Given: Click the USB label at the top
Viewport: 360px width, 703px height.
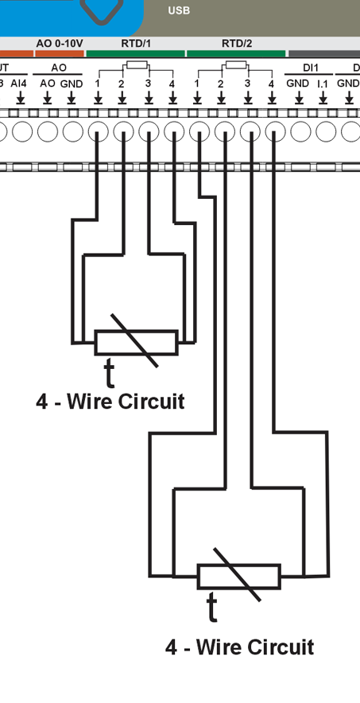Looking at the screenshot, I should tap(179, 10).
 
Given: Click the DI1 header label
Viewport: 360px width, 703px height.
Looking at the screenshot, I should tap(311, 68).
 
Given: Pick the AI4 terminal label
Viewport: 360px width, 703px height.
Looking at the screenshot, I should tap(18, 83).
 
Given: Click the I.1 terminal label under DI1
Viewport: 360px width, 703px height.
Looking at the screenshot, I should tap(323, 83).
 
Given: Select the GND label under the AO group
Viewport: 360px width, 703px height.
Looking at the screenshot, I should tap(72, 83).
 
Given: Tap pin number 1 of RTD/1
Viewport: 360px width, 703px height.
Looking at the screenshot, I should tap(97, 83).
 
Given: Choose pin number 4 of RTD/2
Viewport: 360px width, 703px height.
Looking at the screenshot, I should tap(272, 83).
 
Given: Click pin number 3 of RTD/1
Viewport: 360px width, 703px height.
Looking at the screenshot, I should tap(148, 83).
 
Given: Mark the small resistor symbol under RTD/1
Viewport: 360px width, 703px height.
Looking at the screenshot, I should tap(136, 65).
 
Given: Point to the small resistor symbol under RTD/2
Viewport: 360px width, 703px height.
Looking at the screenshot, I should tap(236, 65).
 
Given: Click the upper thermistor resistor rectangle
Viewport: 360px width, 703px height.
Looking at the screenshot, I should tap(136, 343).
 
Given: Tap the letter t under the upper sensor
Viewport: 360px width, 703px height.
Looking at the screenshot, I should tap(109, 372).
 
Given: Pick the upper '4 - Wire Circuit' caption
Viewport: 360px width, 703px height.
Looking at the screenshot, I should tap(110, 401).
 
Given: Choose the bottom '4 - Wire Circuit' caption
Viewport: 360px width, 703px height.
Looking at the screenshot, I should tap(239, 647).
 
